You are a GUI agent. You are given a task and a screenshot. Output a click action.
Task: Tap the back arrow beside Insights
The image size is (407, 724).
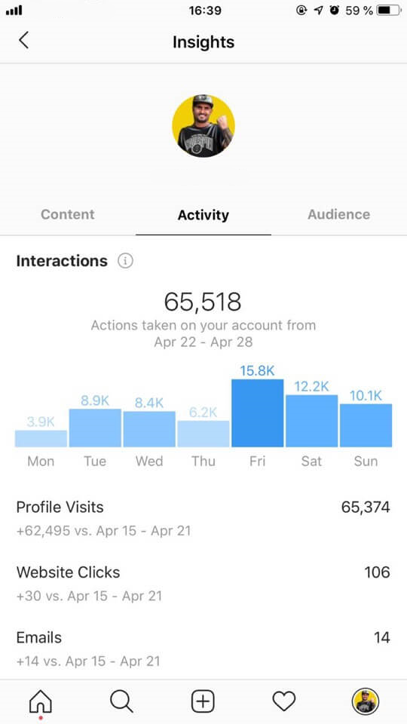click(x=23, y=41)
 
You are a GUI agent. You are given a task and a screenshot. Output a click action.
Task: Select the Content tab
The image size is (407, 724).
click(x=68, y=214)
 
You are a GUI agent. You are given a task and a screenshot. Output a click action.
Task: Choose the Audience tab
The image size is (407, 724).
click(x=338, y=214)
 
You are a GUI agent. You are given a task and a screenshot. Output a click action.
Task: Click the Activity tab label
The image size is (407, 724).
click(x=203, y=215)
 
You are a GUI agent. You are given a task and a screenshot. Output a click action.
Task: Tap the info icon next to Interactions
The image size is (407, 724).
click(x=125, y=261)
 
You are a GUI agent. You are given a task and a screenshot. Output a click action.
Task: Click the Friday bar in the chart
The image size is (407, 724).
click(x=257, y=413)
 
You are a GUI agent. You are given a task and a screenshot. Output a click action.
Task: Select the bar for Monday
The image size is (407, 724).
click(x=41, y=438)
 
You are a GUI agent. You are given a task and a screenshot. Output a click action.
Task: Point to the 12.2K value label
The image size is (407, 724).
click(x=311, y=386)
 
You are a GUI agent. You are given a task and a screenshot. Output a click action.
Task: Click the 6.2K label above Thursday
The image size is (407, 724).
click(x=203, y=412)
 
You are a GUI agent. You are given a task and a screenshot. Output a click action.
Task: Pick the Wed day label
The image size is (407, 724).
click(x=149, y=461)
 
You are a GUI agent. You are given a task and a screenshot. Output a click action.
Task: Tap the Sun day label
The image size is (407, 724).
click(x=366, y=461)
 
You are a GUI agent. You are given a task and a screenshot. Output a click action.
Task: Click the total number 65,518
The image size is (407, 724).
click(x=203, y=302)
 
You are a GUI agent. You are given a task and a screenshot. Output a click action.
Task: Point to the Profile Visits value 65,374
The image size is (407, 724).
click(x=366, y=508)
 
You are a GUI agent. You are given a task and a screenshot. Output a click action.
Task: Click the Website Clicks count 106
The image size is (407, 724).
click(x=377, y=572)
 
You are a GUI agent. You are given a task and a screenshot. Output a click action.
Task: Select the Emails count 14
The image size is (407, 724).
click(x=381, y=638)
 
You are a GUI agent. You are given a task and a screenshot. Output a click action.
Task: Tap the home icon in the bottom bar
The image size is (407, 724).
click(x=41, y=701)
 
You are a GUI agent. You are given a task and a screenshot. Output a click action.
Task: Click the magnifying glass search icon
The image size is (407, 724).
click(x=121, y=701)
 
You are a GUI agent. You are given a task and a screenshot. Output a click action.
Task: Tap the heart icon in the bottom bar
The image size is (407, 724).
click(x=283, y=701)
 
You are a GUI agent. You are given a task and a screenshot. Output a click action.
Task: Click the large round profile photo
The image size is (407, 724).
click(x=203, y=126)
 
